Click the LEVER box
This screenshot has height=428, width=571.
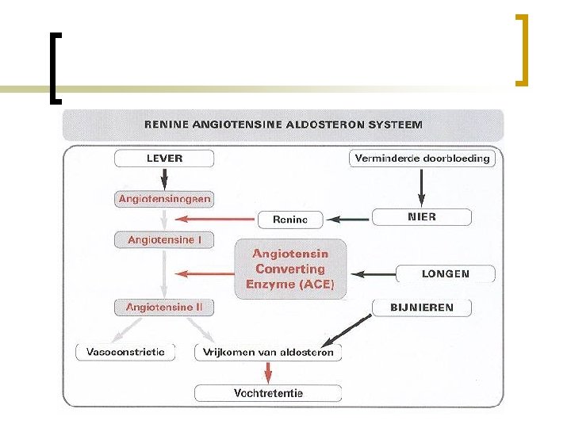point(164,159)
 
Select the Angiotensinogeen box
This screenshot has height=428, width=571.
point(164,199)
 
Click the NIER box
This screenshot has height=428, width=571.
point(421,216)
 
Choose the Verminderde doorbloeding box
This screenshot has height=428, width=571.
point(422,159)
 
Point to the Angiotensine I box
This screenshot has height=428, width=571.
point(164,239)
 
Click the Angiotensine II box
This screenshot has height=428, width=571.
point(164,306)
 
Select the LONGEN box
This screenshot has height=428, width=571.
point(445,274)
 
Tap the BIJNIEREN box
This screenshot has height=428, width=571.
point(421,307)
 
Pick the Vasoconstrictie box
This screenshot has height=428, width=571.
point(125,351)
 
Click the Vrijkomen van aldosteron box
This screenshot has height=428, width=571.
point(269,352)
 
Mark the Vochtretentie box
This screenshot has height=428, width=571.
point(268,392)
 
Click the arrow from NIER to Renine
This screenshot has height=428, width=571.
point(345,218)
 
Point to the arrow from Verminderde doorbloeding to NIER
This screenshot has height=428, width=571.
point(422,186)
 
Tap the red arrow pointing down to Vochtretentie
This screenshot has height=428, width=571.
point(268,372)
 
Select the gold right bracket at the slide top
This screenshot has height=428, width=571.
point(521,49)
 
